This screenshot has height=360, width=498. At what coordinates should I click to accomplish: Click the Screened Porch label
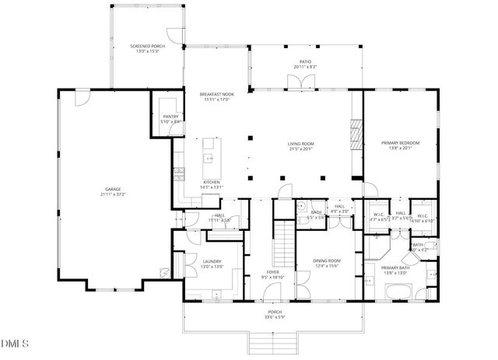click(147, 47)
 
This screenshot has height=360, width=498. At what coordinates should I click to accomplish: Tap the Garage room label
click(113, 189)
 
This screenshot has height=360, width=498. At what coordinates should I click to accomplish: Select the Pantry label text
click(170, 117)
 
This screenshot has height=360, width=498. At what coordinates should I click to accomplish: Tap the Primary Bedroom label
click(400, 144)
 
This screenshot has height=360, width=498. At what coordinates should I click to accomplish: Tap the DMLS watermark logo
click(14, 344)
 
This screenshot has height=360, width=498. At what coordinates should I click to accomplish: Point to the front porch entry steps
click(273, 342)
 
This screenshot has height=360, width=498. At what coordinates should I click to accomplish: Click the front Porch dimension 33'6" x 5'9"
click(272, 316)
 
